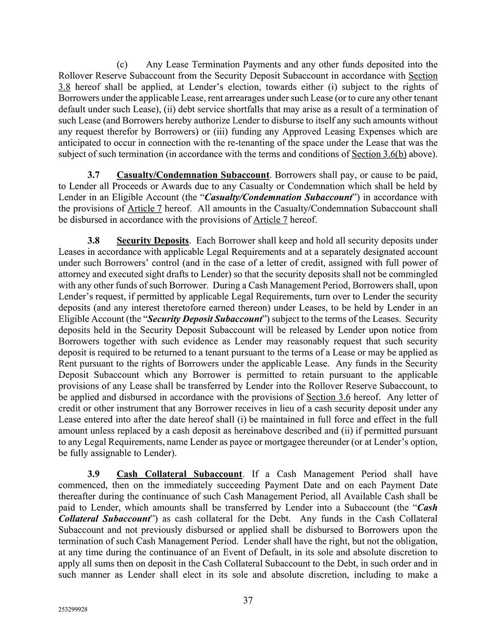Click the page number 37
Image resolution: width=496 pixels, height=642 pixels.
[x=248, y=600]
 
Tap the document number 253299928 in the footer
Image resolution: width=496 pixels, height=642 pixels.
[x=73, y=610]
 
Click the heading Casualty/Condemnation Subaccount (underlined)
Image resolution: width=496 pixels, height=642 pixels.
[x=193, y=175]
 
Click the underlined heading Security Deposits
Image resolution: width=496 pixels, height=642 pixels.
[x=153, y=241]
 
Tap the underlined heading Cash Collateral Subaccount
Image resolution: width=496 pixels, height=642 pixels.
[x=179, y=474]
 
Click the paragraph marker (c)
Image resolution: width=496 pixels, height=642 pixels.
[x=122, y=65]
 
